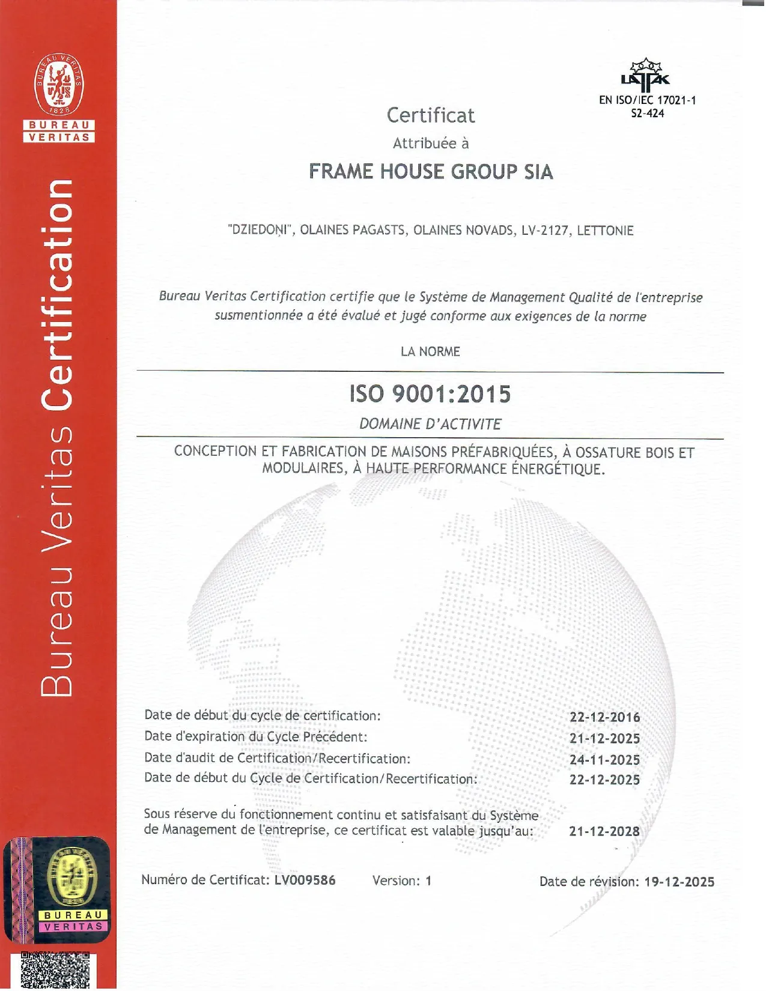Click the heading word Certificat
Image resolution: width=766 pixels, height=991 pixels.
(x=430, y=115)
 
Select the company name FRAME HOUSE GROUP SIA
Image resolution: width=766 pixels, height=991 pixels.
(x=430, y=172)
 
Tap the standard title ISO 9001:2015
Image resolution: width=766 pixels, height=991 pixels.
(x=430, y=394)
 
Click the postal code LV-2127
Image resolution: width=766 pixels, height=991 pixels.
(x=545, y=231)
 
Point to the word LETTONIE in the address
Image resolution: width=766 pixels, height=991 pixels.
(x=605, y=231)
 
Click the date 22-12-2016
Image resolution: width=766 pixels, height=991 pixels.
(x=604, y=717)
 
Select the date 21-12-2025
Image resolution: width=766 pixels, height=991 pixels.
(x=604, y=738)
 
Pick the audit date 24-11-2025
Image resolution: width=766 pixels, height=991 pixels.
(x=604, y=760)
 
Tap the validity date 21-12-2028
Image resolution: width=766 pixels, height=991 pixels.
(x=604, y=831)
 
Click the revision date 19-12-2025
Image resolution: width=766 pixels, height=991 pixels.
(x=679, y=882)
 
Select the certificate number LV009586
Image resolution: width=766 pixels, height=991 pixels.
(x=305, y=880)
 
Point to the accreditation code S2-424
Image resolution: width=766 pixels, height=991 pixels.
(x=647, y=114)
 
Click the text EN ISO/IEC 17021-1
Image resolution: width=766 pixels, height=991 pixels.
(x=647, y=100)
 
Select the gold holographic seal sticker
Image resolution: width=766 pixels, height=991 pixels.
(x=71, y=877)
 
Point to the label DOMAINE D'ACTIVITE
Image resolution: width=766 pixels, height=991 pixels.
(x=430, y=424)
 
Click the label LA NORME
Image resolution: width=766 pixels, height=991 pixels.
(x=430, y=351)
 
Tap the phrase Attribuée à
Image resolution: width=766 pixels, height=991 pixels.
(x=430, y=144)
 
